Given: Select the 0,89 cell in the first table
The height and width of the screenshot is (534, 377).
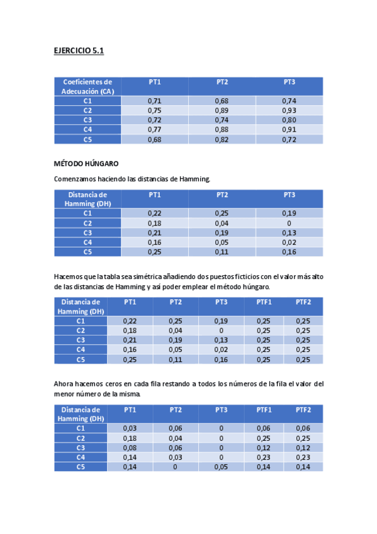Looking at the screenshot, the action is click(222, 110).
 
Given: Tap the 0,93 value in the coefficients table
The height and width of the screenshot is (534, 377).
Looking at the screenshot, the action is click(289, 110).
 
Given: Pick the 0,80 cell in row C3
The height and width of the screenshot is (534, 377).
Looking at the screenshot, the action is click(289, 120).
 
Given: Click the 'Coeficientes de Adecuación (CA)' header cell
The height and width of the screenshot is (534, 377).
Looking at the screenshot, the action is click(87, 86).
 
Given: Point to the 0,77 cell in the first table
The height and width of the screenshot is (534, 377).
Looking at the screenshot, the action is click(154, 130).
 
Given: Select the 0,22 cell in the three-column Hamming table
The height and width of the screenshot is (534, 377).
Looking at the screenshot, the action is click(154, 213).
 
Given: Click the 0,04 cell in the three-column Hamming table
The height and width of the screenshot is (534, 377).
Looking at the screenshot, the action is click(222, 223).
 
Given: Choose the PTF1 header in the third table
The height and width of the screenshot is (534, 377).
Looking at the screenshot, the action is click(264, 302).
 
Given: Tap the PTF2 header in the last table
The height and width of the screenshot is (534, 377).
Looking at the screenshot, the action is click(303, 409).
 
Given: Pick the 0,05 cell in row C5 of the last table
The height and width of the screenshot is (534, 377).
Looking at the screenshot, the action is click(221, 467).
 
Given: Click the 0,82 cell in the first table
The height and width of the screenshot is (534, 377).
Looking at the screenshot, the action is click(222, 139).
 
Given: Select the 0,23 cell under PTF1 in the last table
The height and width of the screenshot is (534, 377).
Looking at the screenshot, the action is click(264, 457).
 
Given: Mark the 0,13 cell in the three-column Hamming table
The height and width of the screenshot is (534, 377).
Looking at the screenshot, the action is click(289, 233).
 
